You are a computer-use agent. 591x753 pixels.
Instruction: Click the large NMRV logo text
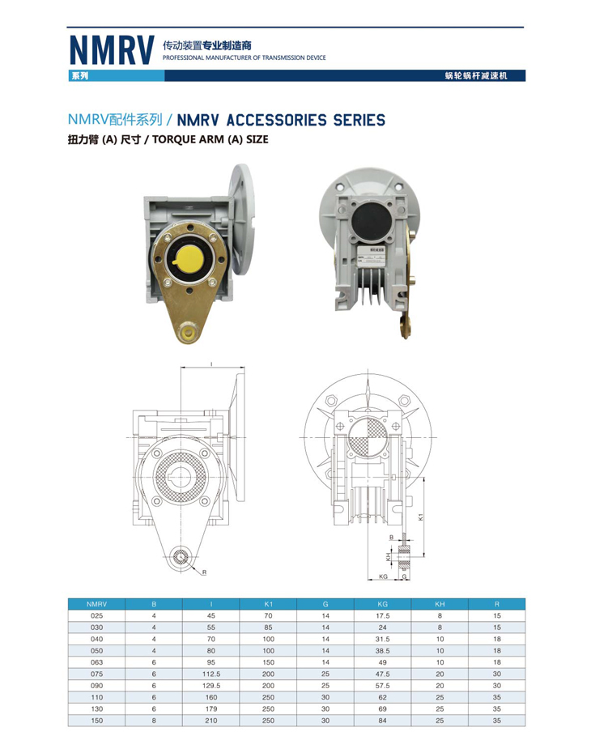pos(112,50)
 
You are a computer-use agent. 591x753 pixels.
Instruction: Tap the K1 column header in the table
pos(268,604)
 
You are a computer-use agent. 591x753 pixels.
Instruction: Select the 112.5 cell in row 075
pos(211,674)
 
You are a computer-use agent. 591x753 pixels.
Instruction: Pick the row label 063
pos(96,662)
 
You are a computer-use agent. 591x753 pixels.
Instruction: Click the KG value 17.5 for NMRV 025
pos(383,615)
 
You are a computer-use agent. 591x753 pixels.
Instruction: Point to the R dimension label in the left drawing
pos(204,572)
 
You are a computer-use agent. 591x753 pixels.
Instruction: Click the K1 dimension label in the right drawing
pos(420,517)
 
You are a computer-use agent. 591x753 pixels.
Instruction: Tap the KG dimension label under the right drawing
pos(383,576)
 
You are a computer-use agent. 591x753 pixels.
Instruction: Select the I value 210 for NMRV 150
pos(211,721)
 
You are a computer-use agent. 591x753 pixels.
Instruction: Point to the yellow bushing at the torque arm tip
pos(187,331)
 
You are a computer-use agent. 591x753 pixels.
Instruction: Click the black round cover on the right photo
pos(370,222)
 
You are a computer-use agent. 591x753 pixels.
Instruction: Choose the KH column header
pos(440,604)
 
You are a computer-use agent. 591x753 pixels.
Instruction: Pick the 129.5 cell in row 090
pos(211,686)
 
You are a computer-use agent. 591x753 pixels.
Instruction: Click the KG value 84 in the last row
pos(383,721)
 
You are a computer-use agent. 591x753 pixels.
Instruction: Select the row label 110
pos(96,697)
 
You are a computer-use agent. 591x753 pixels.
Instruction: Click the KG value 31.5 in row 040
pos(383,639)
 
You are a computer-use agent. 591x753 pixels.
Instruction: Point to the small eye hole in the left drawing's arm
pos(181,558)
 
